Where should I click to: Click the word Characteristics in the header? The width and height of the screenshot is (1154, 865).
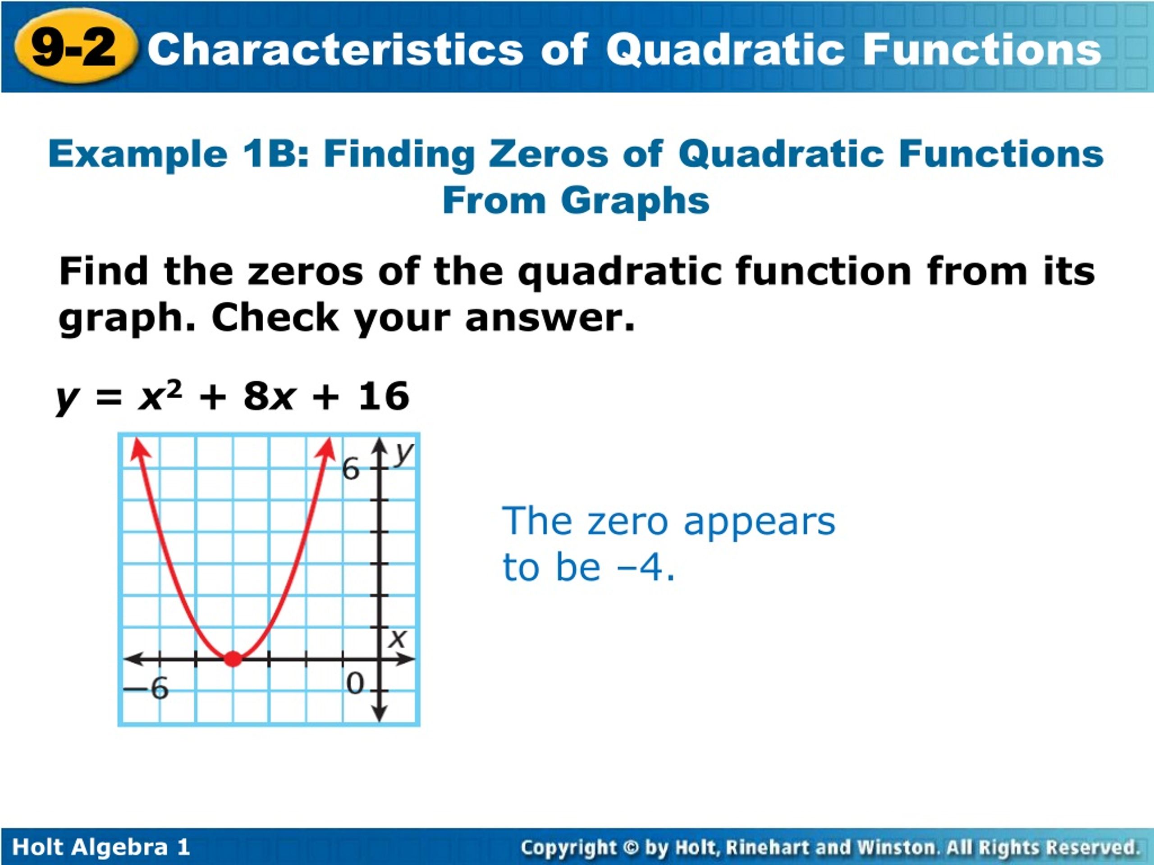pyautogui.click(x=334, y=50)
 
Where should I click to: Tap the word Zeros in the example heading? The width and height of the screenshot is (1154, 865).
pyautogui.click(x=548, y=155)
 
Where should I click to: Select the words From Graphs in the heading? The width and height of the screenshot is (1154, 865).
pyautogui.click(x=576, y=201)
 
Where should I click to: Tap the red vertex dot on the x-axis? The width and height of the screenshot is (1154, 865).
pyautogui.click(x=233, y=659)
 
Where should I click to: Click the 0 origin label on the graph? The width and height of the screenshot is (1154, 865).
pyautogui.click(x=355, y=683)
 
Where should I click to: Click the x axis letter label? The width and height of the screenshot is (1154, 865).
pyautogui.click(x=398, y=638)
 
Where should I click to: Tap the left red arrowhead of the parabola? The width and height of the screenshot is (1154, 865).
pyautogui.click(x=138, y=448)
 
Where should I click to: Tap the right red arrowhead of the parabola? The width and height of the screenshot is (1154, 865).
pyautogui.click(x=328, y=448)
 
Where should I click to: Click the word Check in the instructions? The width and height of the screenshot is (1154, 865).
pyautogui.click(x=275, y=318)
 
